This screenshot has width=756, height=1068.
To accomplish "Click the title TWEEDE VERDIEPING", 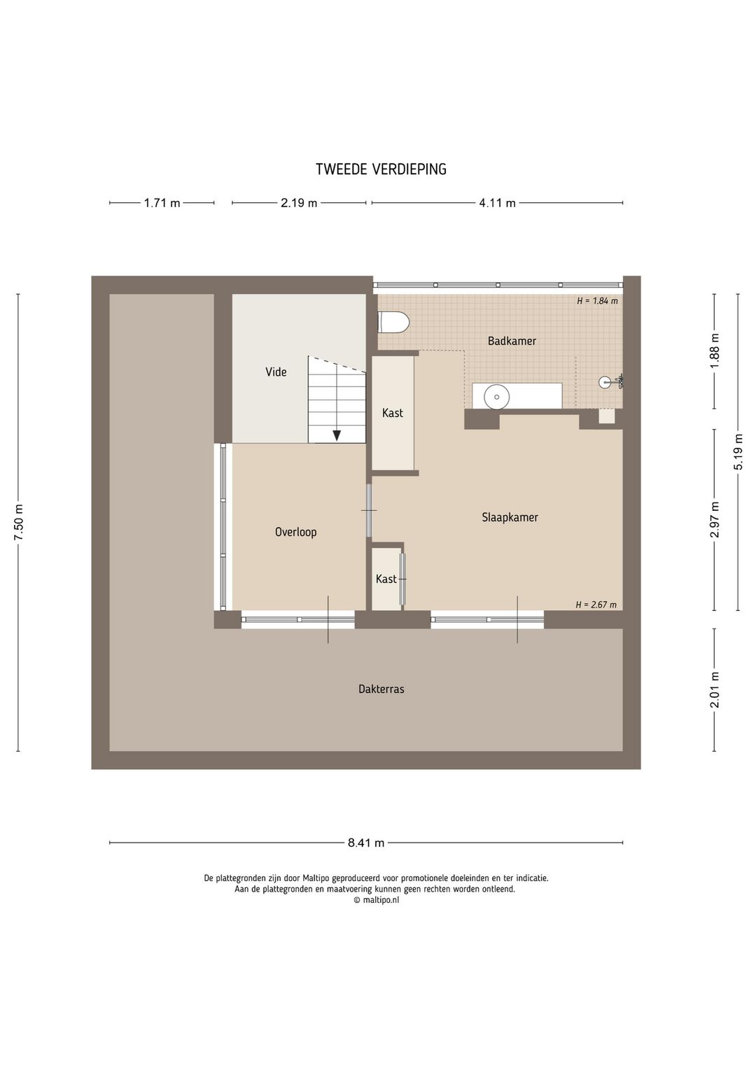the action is click(381, 169).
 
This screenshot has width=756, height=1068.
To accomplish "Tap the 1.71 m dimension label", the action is click(162, 203).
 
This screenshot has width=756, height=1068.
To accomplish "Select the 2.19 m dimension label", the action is click(299, 203).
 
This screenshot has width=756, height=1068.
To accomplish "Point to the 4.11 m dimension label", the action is click(498, 203).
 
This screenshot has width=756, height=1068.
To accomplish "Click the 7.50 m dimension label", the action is click(19, 522).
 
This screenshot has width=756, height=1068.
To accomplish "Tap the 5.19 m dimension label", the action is click(738, 451).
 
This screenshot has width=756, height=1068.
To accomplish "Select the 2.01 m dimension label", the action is click(715, 689).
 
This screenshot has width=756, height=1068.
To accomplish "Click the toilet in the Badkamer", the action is click(393, 323).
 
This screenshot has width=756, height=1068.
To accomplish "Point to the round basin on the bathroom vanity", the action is click(497, 396).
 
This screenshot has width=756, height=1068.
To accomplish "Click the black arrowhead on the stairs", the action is click(337, 435).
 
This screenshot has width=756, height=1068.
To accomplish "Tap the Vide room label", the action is click(276, 372).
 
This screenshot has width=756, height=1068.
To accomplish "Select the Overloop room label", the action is click(295, 532).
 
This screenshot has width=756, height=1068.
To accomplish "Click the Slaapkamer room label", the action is click(510, 517).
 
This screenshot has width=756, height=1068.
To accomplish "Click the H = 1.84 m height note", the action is click(597, 301).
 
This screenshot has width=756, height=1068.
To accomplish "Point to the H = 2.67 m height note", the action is click(596, 605).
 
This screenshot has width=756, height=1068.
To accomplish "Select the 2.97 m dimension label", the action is click(715, 520).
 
